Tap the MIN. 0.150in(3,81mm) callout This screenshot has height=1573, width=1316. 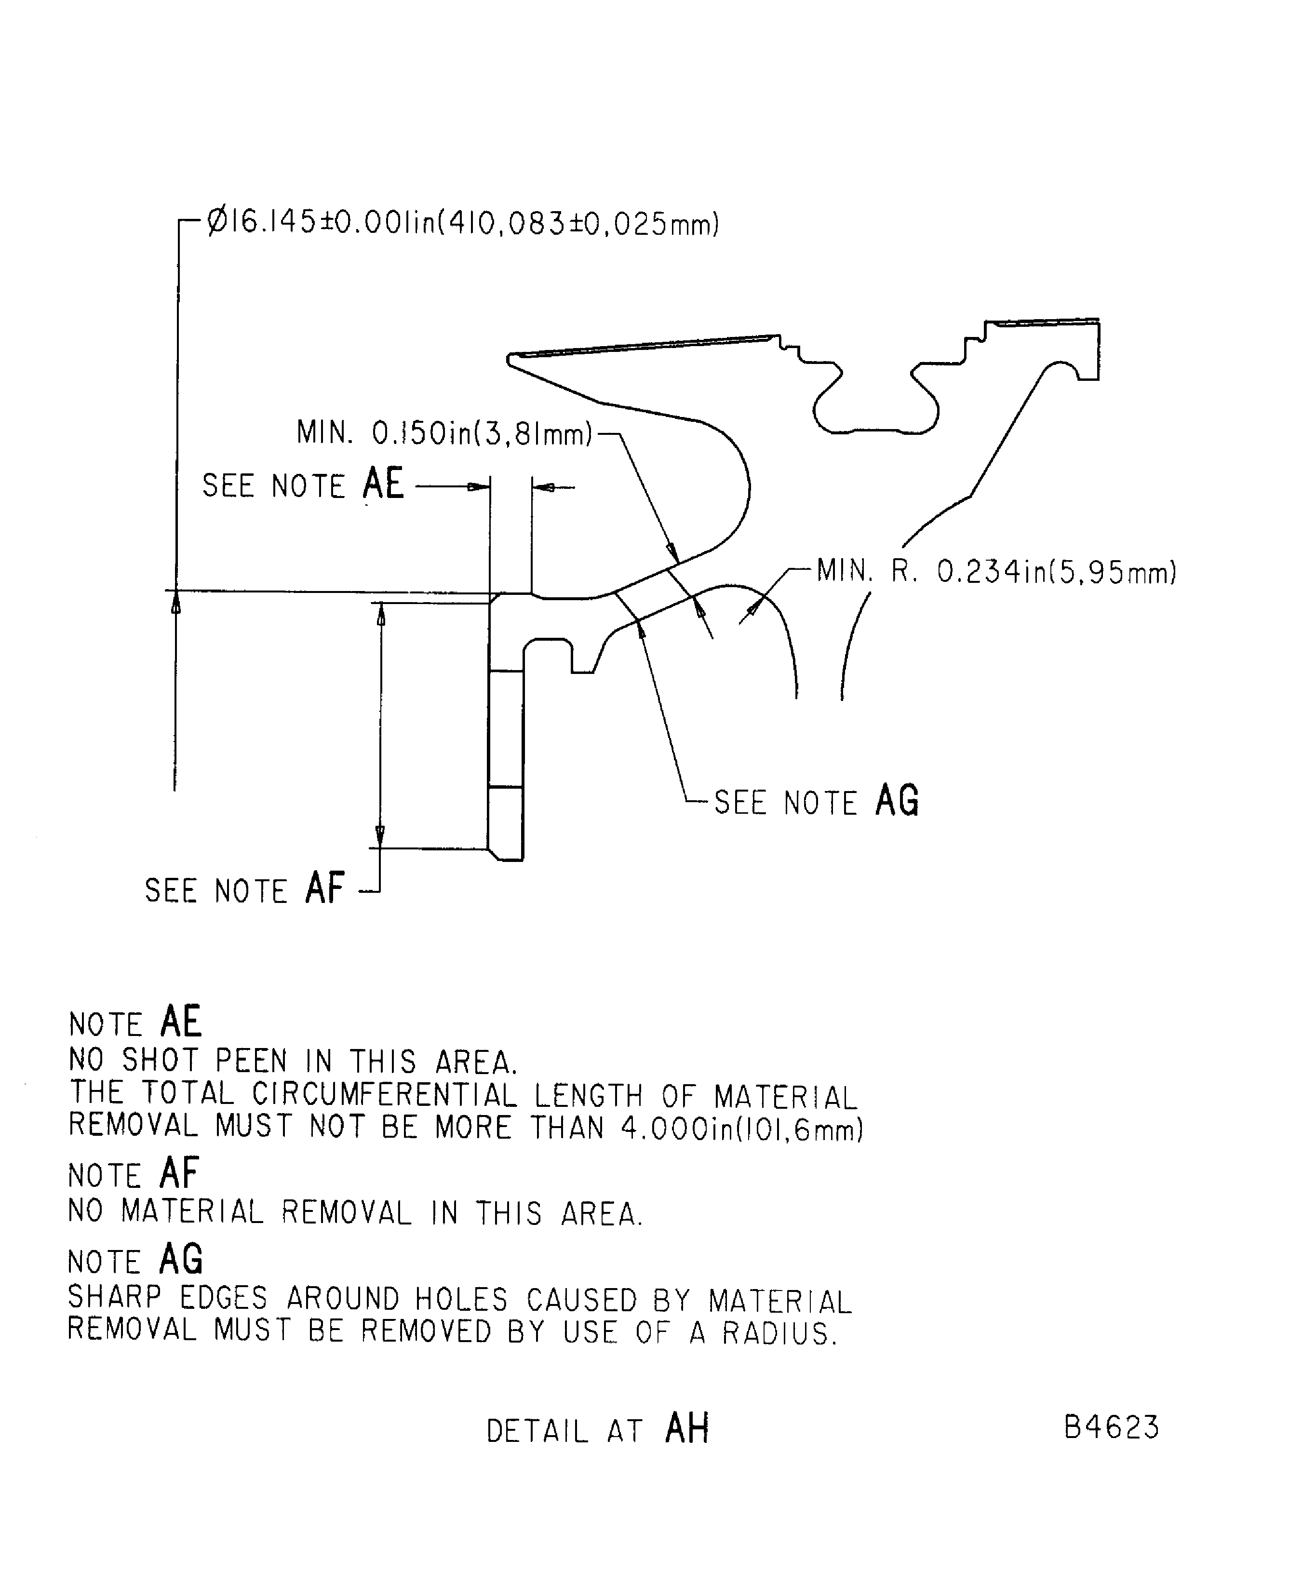(444, 433)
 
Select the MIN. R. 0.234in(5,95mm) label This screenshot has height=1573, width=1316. (996, 572)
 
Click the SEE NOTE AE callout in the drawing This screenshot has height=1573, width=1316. (303, 484)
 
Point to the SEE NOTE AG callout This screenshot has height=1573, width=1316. (817, 802)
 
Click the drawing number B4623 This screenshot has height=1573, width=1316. (1112, 1427)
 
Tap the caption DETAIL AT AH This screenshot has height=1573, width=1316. (597, 1429)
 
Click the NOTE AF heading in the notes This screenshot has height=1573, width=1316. (134, 1174)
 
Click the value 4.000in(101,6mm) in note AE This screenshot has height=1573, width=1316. (741, 1129)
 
